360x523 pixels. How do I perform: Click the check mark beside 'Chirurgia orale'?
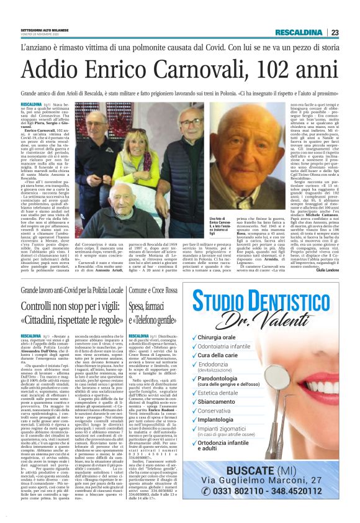pyautogui.click(x=194, y=337)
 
